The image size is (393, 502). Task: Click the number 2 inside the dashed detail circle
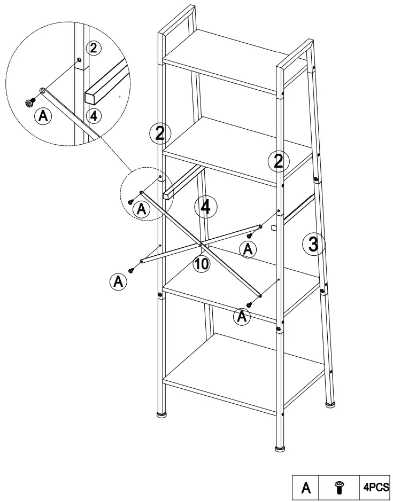click(93, 49)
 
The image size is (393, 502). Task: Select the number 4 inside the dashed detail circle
click(93, 115)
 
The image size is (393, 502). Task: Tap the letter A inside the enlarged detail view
click(43, 116)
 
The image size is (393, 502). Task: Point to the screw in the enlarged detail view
click(30, 103)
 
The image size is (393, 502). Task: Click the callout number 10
click(202, 264)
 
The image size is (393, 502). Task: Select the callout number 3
click(313, 245)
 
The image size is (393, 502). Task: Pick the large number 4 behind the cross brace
click(205, 207)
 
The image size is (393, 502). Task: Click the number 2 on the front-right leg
click(279, 161)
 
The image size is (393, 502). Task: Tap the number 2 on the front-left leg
click(160, 133)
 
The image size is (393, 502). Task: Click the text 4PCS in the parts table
click(376, 487)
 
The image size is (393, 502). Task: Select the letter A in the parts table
click(306, 488)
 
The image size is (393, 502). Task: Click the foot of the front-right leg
click(280, 448)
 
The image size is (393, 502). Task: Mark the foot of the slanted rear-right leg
click(330, 404)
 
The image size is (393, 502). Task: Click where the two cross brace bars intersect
click(201, 244)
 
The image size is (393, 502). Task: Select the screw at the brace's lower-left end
click(131, 271)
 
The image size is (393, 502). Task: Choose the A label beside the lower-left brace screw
click(118, 282)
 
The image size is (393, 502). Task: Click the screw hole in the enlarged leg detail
click(79, 60)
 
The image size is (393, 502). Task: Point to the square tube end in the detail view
click(93, 97)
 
